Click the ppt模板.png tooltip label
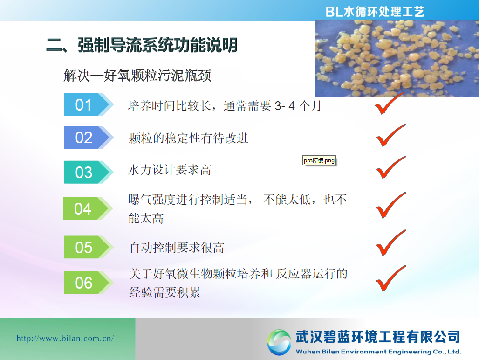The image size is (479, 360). pyautogui.click(x=319, y=160)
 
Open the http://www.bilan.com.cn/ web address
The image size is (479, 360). pyautogui.click(x=65, y=338)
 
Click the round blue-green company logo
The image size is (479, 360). pyautogui.click(x=279, y=342)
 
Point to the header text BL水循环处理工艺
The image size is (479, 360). pyautogui.click(x=375, y=12)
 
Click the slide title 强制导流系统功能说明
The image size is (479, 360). pyautogui.click(x=157, y=45)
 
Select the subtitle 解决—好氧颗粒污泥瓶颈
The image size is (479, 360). pyautogui.click(x=137, y=76)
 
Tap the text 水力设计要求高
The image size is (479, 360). pyautogui.click(x=170, y=170)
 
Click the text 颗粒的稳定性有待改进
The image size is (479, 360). pyautogui.click(x=189, y=138)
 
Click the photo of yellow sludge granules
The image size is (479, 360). pyautogui.click(x=397, y=58)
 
